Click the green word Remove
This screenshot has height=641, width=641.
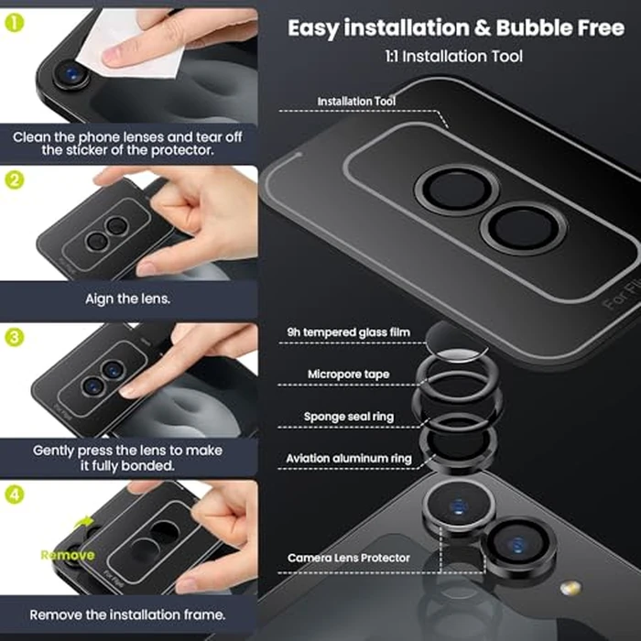point(66,555)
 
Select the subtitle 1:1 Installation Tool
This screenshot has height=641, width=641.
point(454,57)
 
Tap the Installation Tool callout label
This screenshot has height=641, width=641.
point(357,102)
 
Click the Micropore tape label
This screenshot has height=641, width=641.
point(348,375)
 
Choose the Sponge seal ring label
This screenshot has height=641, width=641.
point(349,417)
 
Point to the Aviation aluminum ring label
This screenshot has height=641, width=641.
point(349,458)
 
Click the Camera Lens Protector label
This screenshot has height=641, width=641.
point(349,558)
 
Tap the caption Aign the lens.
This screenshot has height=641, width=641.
point(128,299)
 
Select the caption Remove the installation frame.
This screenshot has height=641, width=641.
point(128,615)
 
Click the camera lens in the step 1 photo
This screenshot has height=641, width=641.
point(68,75)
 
